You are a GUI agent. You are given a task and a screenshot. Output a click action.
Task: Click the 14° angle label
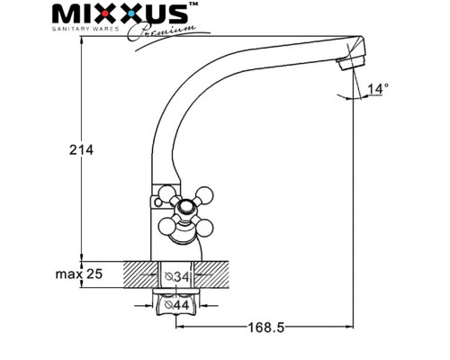[379, 88]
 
